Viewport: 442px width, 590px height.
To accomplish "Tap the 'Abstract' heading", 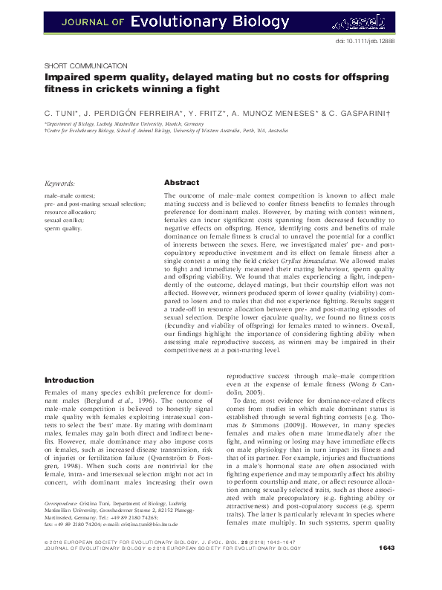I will (x=181, y=182).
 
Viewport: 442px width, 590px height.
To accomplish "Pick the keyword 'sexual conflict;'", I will (x=65, y=221).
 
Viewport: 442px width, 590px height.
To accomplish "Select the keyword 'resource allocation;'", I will (x=71, y=212).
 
